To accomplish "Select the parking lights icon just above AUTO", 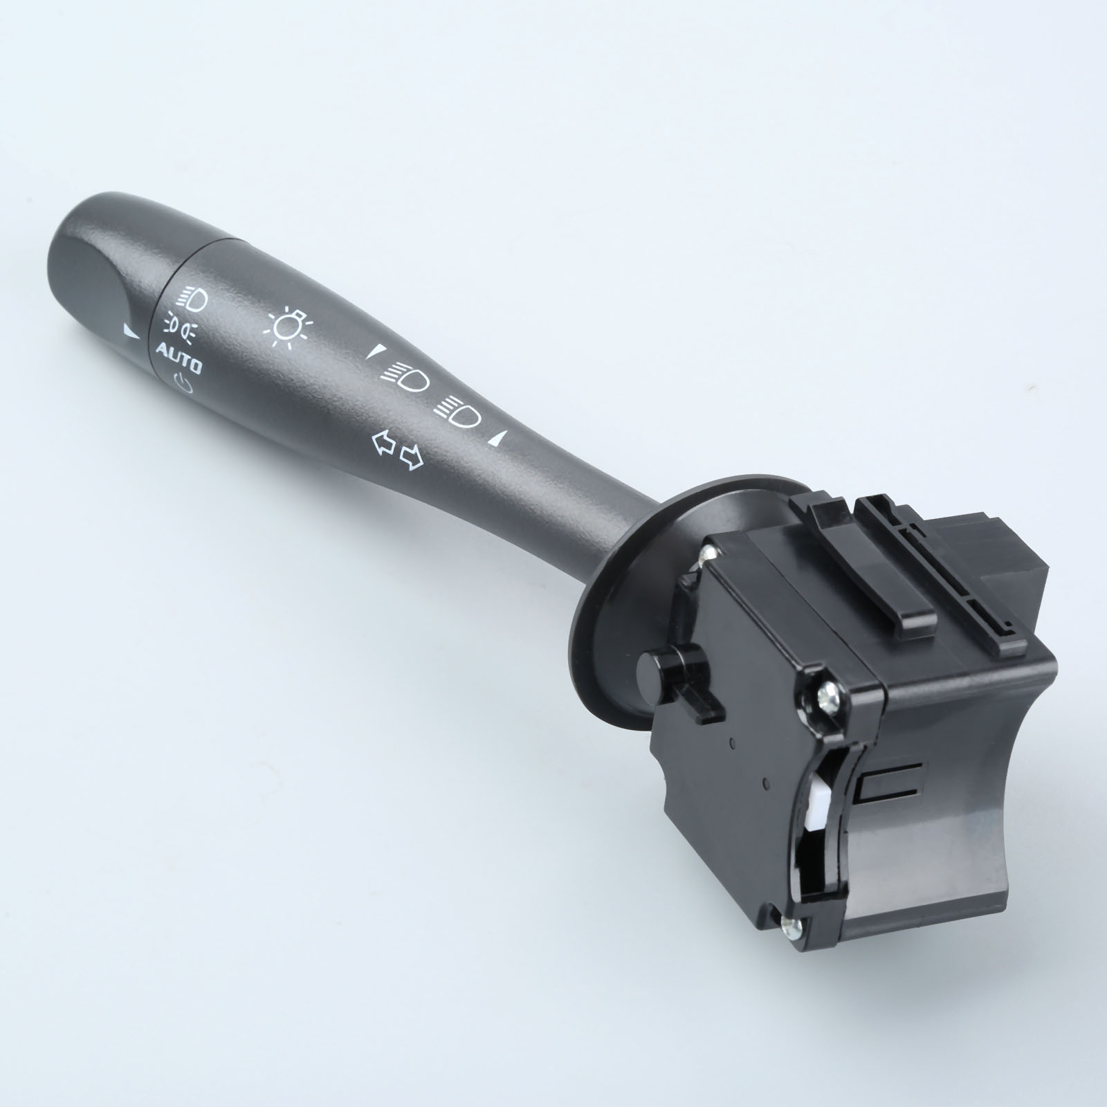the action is pyautogui.click(x=180, y=326).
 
